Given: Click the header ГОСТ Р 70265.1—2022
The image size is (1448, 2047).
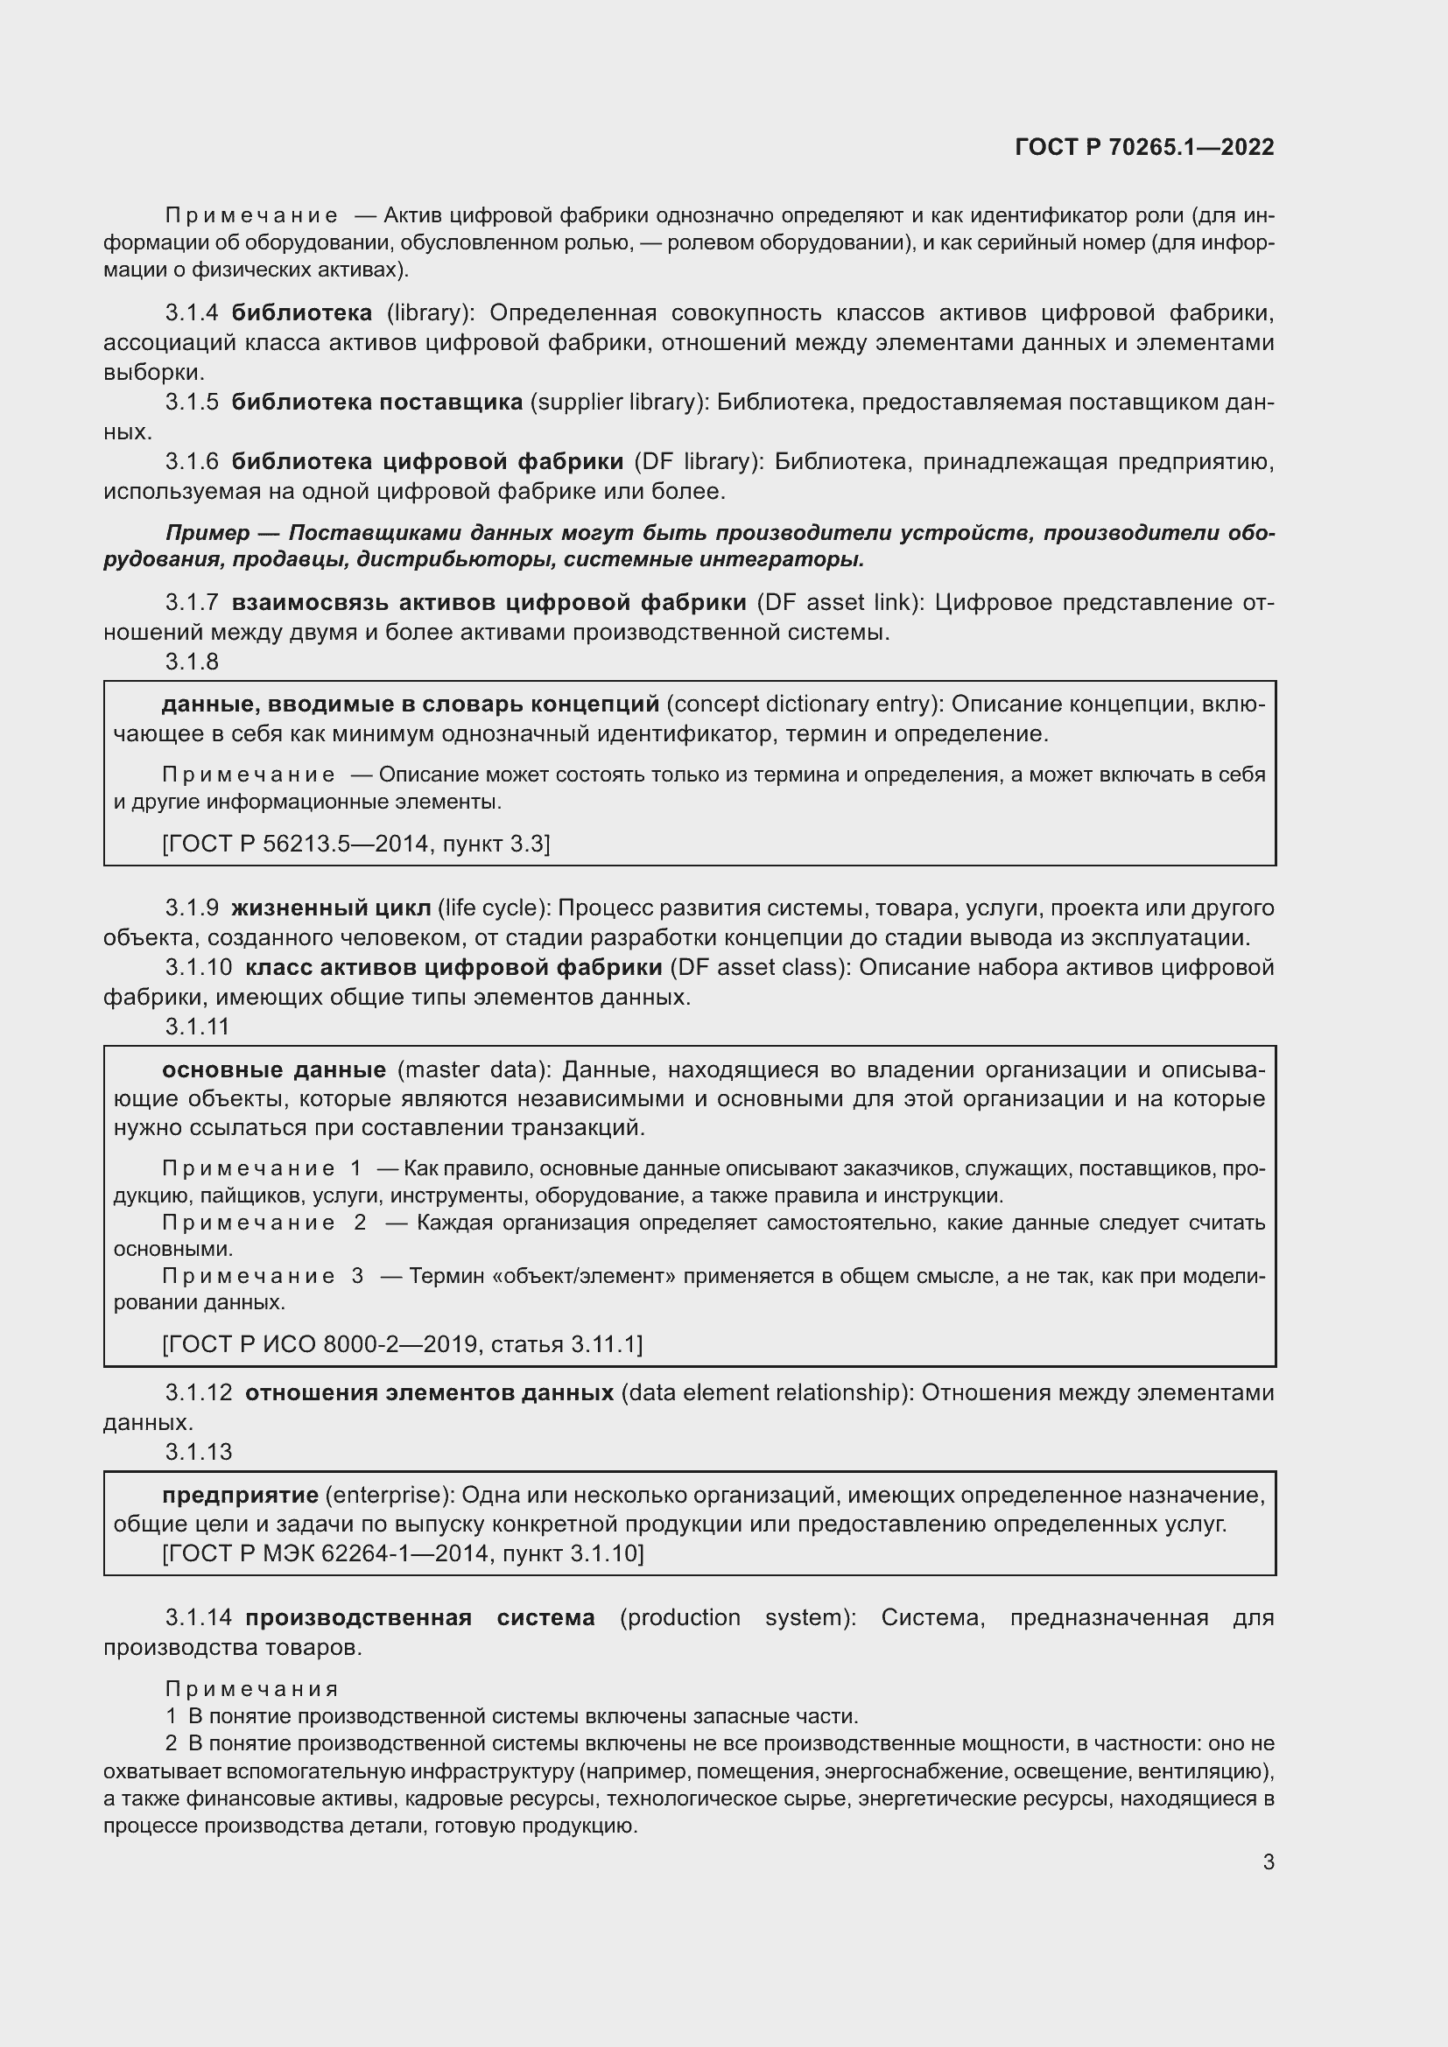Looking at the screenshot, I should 1144,148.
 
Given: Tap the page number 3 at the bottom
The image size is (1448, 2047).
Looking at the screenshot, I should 1268,1861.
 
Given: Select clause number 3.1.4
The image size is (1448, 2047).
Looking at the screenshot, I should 192,313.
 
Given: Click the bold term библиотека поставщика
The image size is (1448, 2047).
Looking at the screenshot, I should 377,402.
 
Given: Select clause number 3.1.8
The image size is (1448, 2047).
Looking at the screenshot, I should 192,662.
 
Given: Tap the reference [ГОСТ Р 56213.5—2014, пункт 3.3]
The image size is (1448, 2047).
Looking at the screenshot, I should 355,843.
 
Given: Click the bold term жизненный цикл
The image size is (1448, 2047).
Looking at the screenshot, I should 331,908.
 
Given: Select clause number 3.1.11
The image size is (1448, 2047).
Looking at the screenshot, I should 197,1027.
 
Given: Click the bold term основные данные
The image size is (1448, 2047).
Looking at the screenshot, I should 274,1069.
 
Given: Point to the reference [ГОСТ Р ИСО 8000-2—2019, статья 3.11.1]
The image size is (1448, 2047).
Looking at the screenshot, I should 402,1343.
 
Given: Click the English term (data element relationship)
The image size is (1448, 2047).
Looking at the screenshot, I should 767,1392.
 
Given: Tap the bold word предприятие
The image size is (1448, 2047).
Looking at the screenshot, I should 240,1495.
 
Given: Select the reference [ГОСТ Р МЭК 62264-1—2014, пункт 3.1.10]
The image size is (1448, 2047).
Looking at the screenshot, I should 402,1554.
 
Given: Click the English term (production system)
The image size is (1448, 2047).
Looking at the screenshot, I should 736,1617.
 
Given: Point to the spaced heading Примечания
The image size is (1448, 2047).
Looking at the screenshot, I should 251,1688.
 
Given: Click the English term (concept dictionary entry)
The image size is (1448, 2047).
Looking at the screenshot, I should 805,705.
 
